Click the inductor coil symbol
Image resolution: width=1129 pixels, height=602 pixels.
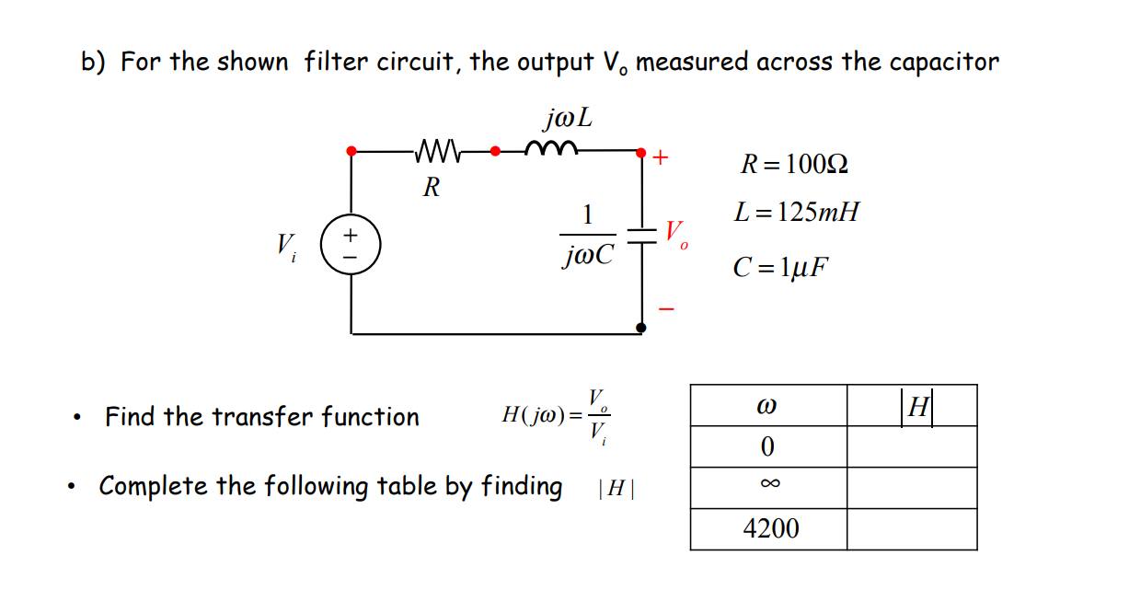point(551,147)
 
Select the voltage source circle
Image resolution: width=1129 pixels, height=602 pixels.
point(350,246)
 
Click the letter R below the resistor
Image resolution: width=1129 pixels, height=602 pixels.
point(431,189)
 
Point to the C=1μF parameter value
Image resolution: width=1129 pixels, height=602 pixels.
point(780,268)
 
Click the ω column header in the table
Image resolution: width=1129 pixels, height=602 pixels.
point(768,406)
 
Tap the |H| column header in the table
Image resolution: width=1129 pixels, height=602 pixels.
point(917,406)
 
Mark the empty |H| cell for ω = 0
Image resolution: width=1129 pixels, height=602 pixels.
point(911,446)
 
